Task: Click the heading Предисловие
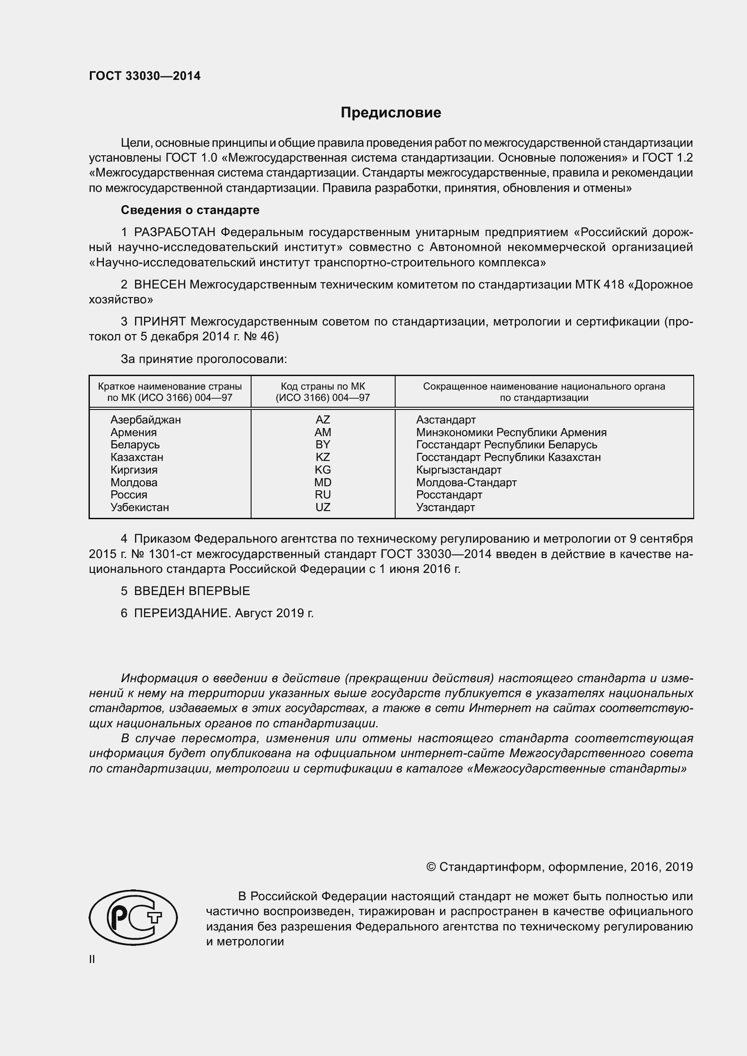point(391,113)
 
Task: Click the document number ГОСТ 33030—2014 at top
point(145,76)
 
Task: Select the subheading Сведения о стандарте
point(190,210)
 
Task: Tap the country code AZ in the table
point(322,420)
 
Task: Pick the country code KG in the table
point(322,470)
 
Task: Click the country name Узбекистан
point(140,508)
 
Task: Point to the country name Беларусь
point(135,445)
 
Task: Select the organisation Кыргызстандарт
point(458,470)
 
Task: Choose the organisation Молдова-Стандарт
point(466,483)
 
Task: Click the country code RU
point(322,495)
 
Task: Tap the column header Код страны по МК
point(322,387)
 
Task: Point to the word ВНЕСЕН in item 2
point(159,285)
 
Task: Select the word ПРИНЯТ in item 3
point(159,321)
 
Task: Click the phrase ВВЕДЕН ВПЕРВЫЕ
point(192,591)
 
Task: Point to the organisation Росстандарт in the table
point(449,495)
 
